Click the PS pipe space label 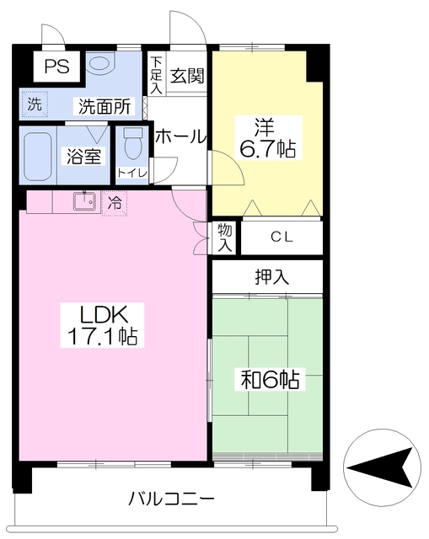pos(56,66)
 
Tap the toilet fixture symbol pos(133,143)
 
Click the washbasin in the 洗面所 pos(99,64)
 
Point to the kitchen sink pos(84,200)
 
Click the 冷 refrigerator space pos(115,203)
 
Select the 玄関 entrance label pos(187,76)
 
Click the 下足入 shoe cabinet pos(157,73)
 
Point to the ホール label pos(180,137)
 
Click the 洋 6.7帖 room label pos(267,138)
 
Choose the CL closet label pos(282,237)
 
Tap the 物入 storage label pos(225,237)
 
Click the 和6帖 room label pos(270,379)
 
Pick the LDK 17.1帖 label pos(102,325)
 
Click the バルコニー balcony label pos(171,499)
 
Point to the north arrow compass pos(382,468)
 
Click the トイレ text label pos(132,173)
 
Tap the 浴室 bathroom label pos(83,157)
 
